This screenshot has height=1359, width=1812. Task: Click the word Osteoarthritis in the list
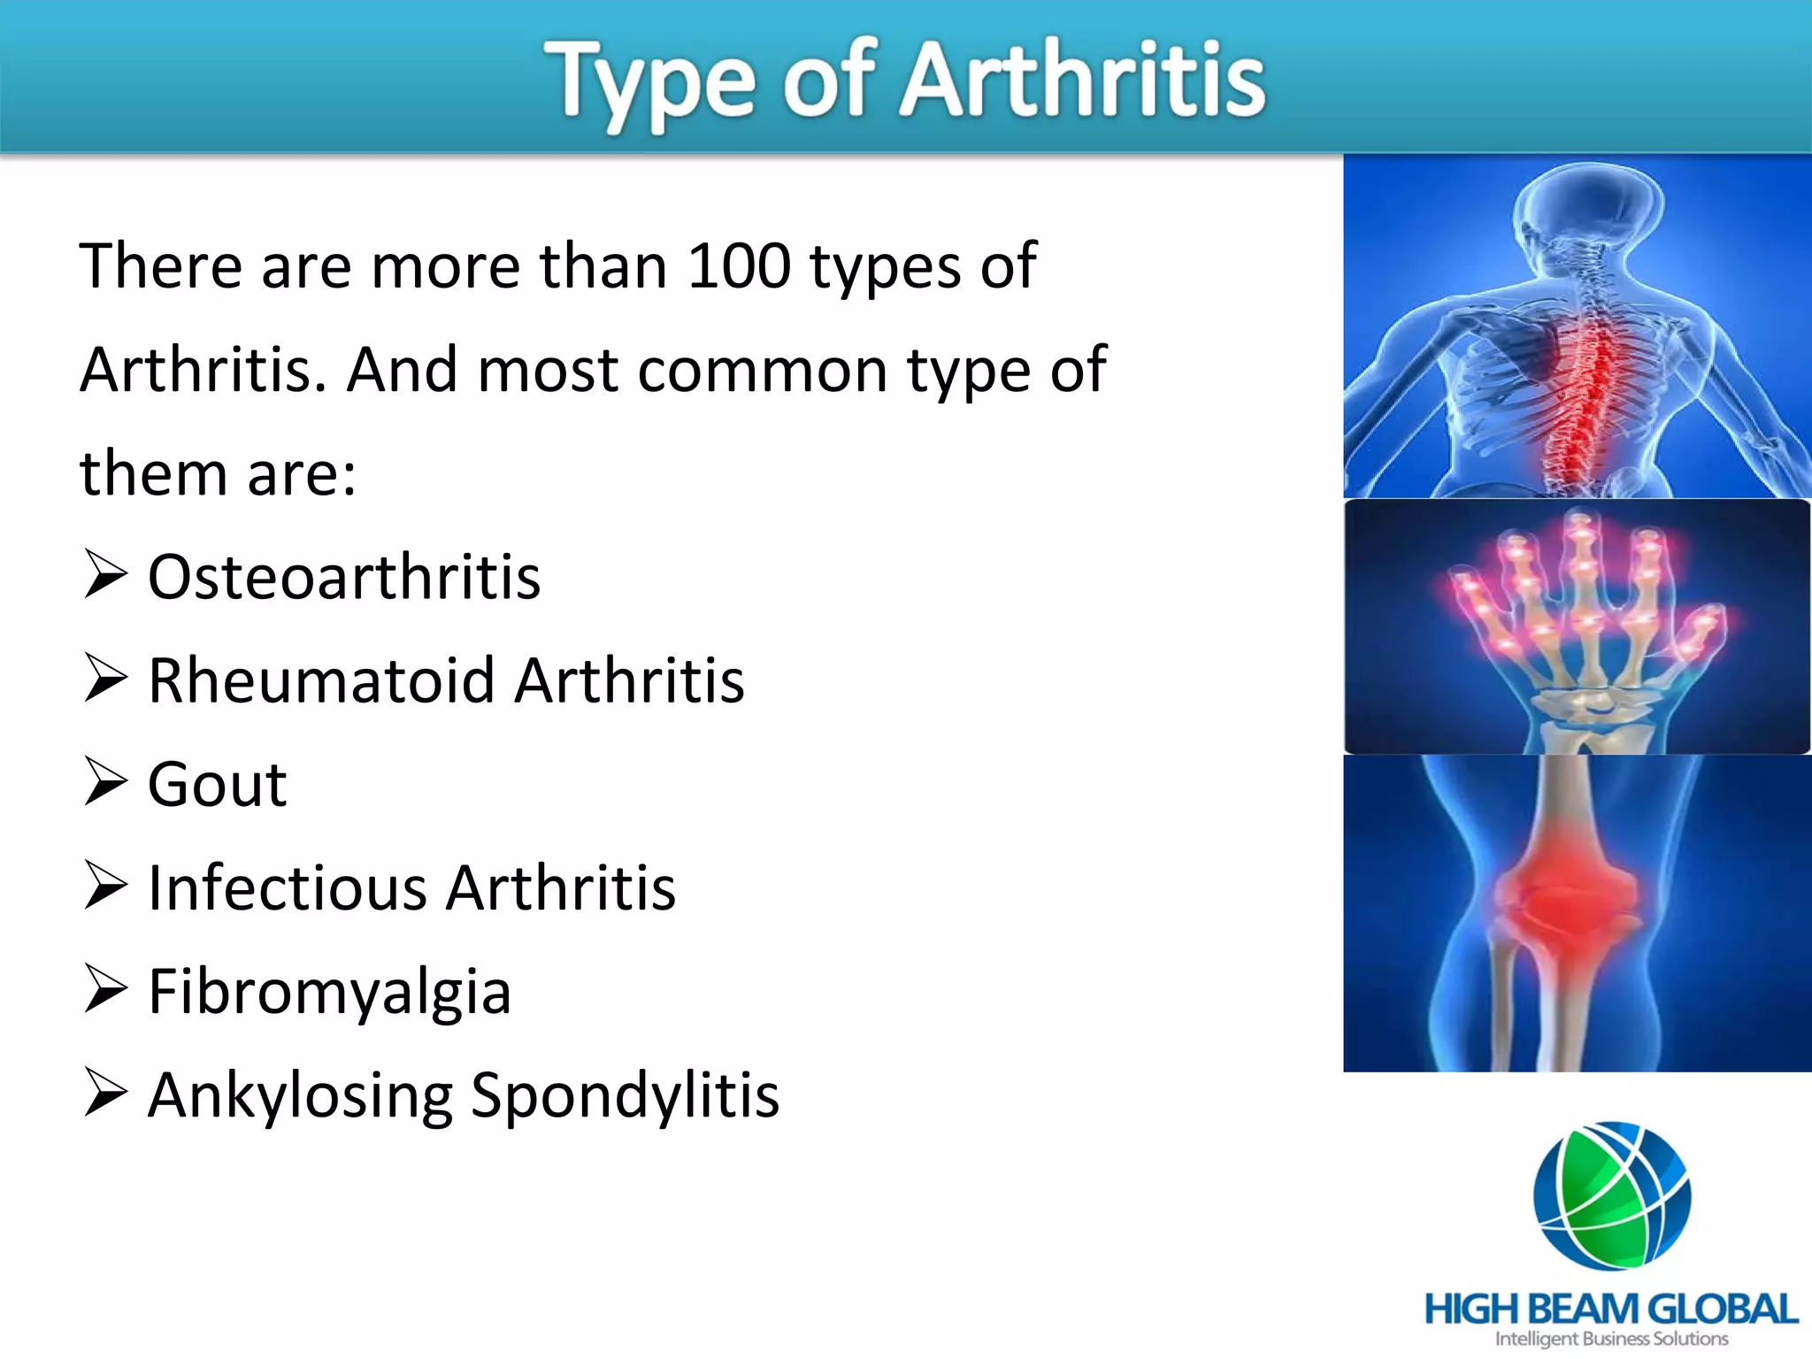click(x=343, y=578)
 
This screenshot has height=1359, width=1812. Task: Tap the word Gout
click(x=217, y=785)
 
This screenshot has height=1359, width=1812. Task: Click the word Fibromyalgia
click(x=329, y=993)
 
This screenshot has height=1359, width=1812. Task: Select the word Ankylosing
click(x=300, y=1096)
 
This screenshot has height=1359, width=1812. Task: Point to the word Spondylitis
click(x=625, y=1096)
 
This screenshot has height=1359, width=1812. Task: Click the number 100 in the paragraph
click(x=739, y=265)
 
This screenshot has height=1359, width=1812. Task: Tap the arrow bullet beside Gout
click(x=105, y=782)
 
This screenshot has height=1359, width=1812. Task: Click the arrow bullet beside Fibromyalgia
click(x=105, y=989)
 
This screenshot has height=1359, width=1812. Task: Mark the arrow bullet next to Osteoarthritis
click(x=105, y=575)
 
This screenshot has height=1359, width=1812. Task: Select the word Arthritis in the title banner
click(x=1082, y=81)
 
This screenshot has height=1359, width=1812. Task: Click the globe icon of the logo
click(x=1612, y=1194)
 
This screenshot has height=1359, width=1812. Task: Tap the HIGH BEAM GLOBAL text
click(x=1610, y=1309)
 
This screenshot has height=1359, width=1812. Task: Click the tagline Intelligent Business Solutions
click(x=1611, y=1340)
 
